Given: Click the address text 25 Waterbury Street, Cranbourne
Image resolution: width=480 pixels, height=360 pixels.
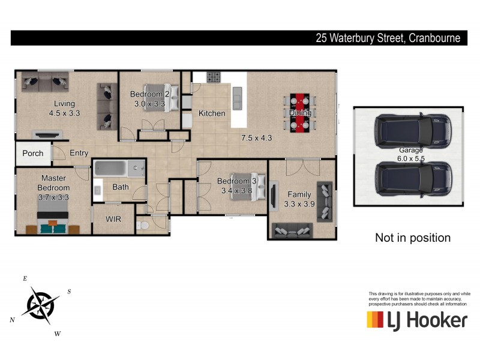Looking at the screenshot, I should click(388, 38).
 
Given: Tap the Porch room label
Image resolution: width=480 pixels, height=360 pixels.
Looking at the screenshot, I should click(33, 153).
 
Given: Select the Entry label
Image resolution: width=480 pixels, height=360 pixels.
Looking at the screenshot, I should click(79, 153).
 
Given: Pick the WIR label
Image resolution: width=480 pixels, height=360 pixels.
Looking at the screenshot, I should click(113, 219).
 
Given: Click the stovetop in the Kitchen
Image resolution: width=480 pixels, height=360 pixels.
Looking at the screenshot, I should click(214, 77).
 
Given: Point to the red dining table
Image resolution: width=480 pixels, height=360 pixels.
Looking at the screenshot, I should click(299, 113).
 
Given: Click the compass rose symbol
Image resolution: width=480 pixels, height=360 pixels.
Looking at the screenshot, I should click(40, 304).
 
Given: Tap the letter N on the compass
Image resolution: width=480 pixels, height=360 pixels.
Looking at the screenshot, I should click(12, 320).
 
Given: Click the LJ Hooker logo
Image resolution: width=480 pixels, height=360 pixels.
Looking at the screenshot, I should click(416, 320).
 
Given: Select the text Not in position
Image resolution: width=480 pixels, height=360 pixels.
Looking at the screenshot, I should click(412, 238).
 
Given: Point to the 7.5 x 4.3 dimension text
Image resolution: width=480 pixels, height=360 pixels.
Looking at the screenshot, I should click(257, 137).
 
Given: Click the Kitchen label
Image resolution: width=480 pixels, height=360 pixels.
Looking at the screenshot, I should click(212, 113).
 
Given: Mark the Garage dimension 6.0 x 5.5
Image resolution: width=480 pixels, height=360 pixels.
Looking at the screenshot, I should click(412, 160).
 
